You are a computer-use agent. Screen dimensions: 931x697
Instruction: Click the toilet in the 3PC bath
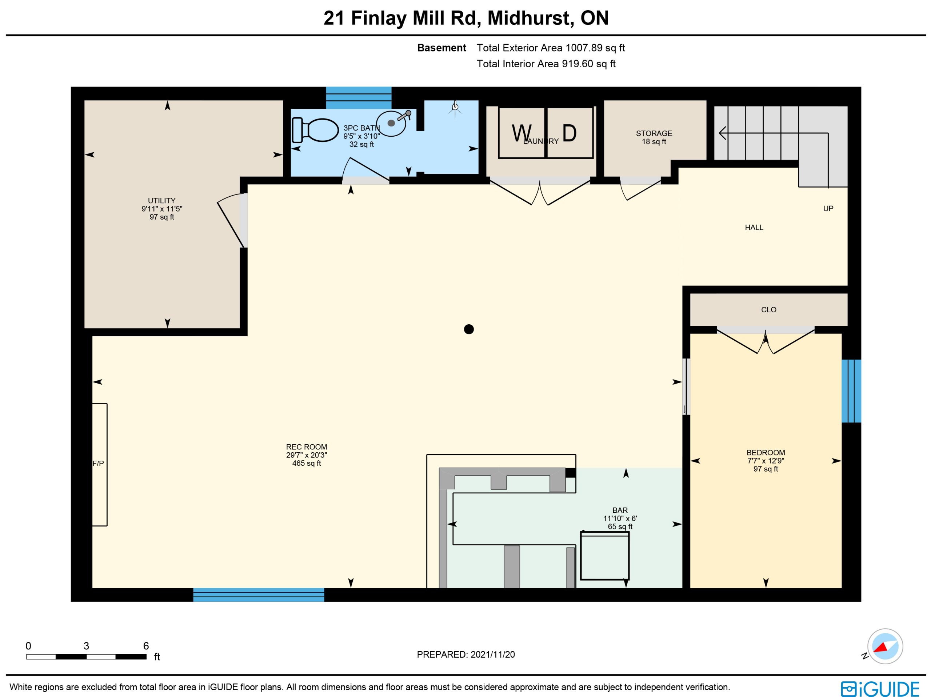click(x=315, y=130)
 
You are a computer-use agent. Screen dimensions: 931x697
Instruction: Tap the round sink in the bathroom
click(x=392, y=123)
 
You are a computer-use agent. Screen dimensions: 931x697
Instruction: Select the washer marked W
click(x=522, y=133)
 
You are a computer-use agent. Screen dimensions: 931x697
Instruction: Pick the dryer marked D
click(x=570, y=133)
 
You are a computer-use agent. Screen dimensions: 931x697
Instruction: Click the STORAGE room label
click(x=654, y=133)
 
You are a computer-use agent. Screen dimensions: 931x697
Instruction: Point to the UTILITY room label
click(x=161, y=201)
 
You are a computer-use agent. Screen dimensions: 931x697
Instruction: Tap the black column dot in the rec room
click(x=469, y=329)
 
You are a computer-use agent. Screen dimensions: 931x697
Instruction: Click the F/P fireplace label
click(x=98, y=464)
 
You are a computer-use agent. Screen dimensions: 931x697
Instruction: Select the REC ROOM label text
click(x=307, y=447)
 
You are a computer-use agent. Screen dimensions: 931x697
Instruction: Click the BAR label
click(x=620, y=510)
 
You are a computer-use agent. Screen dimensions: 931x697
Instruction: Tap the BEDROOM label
click(x=766, y=453)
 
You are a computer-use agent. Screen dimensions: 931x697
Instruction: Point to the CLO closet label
click(x=768, y=310)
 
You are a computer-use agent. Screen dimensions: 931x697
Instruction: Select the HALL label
click(x=754, y=228)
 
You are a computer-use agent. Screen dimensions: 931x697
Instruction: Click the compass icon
click(x=885, y=646)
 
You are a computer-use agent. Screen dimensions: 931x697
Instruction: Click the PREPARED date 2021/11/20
click(x=492, y=654)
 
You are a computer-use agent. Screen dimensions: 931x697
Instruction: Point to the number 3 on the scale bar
click(x=86, y=646)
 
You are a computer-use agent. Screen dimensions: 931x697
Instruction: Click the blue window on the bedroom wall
click(x=851, y=391)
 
